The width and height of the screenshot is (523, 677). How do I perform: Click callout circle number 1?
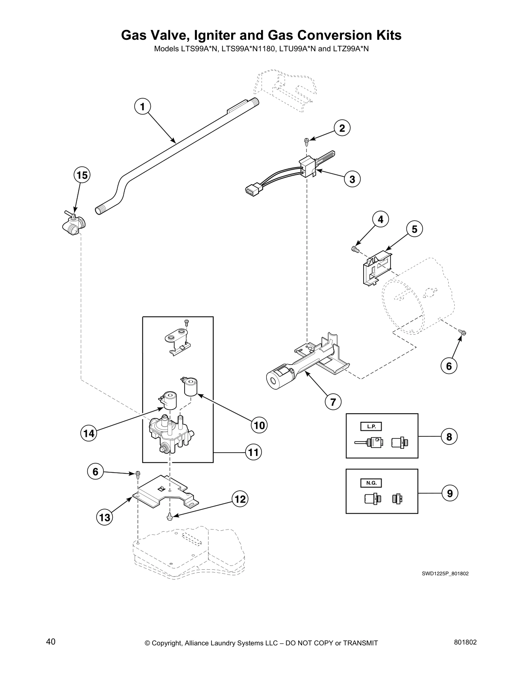(x=143, y=106)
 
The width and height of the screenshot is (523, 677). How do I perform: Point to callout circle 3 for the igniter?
(x=352, y=179)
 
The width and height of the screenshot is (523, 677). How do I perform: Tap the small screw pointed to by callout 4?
(x=355, y=249)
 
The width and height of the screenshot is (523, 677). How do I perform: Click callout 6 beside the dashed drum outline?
(x=449, y=366)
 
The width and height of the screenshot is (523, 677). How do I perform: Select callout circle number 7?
(x=333, y=401)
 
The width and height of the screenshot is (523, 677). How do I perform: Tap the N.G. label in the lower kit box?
(x=371, y=483)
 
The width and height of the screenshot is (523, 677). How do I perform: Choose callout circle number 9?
(x=450, y=493)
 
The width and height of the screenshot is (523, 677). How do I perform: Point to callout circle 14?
(x=89, y=433)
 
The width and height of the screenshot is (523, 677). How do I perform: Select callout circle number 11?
(x=253, y=452)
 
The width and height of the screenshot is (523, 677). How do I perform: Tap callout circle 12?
(x=240, y=499)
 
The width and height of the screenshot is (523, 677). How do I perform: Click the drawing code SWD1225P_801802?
(x=445, y=574)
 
